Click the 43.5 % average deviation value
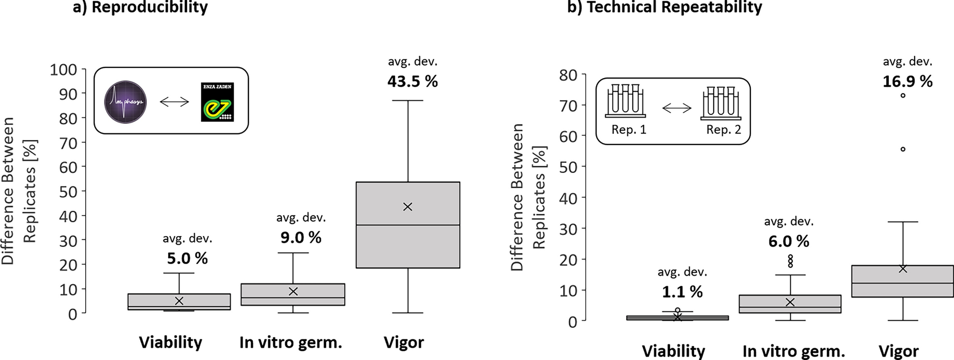412,81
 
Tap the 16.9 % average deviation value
907,81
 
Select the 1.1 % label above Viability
682,292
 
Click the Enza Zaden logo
217,102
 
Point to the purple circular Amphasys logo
126,102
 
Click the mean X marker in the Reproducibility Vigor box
407,207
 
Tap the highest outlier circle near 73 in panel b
903,95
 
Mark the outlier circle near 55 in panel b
903,149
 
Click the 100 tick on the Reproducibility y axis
64,70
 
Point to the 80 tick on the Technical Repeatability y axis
568,75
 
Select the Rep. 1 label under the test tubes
628,130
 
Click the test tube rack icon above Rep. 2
721,102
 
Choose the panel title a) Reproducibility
140,8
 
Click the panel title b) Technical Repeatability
664,8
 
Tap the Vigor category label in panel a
404,342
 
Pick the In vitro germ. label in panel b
793,351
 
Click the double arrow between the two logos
174,102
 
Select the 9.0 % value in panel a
300,238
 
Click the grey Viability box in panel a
179,302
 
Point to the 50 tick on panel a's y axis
68,192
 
